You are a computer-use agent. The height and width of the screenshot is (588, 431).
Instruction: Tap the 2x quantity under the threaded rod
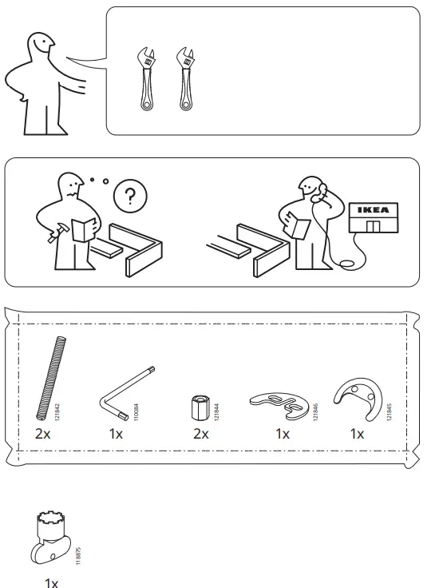pyautogui.click(x=42, y=435)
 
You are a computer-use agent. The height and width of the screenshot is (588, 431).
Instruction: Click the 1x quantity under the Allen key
pyautogui.click(x=117, y=435)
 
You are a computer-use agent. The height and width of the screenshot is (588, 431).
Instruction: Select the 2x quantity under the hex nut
pyautogui.click(x=200, y=435)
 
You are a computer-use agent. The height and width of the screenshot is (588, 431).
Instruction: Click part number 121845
pyautogui.click(x=389, y=410)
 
